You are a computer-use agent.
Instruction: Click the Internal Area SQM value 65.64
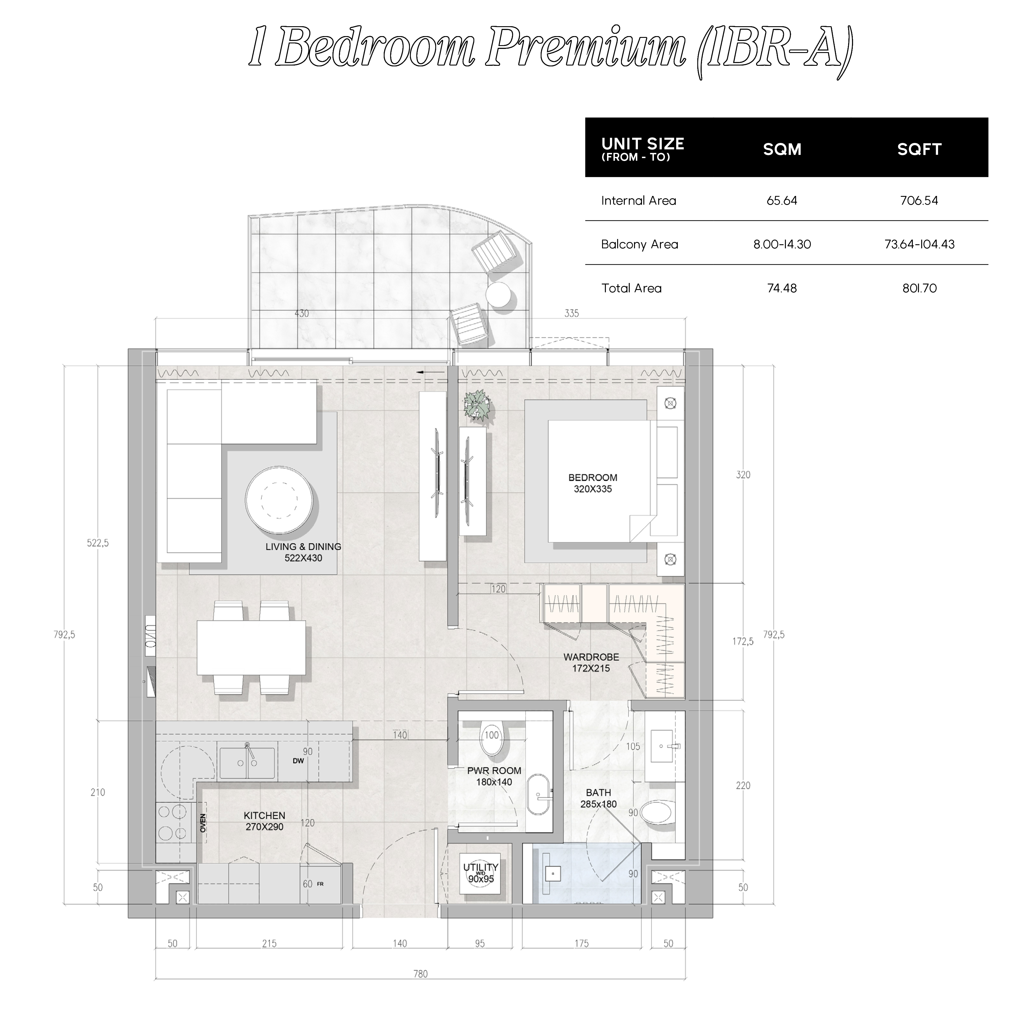pos(782,200)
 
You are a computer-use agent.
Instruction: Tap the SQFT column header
pos(919,149)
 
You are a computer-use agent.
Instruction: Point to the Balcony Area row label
pos(640,244)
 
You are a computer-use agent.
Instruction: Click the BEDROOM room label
pos(592,477)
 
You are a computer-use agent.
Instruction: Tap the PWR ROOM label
pos(494,771)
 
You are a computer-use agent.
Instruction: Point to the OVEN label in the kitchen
pos(203,823)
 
